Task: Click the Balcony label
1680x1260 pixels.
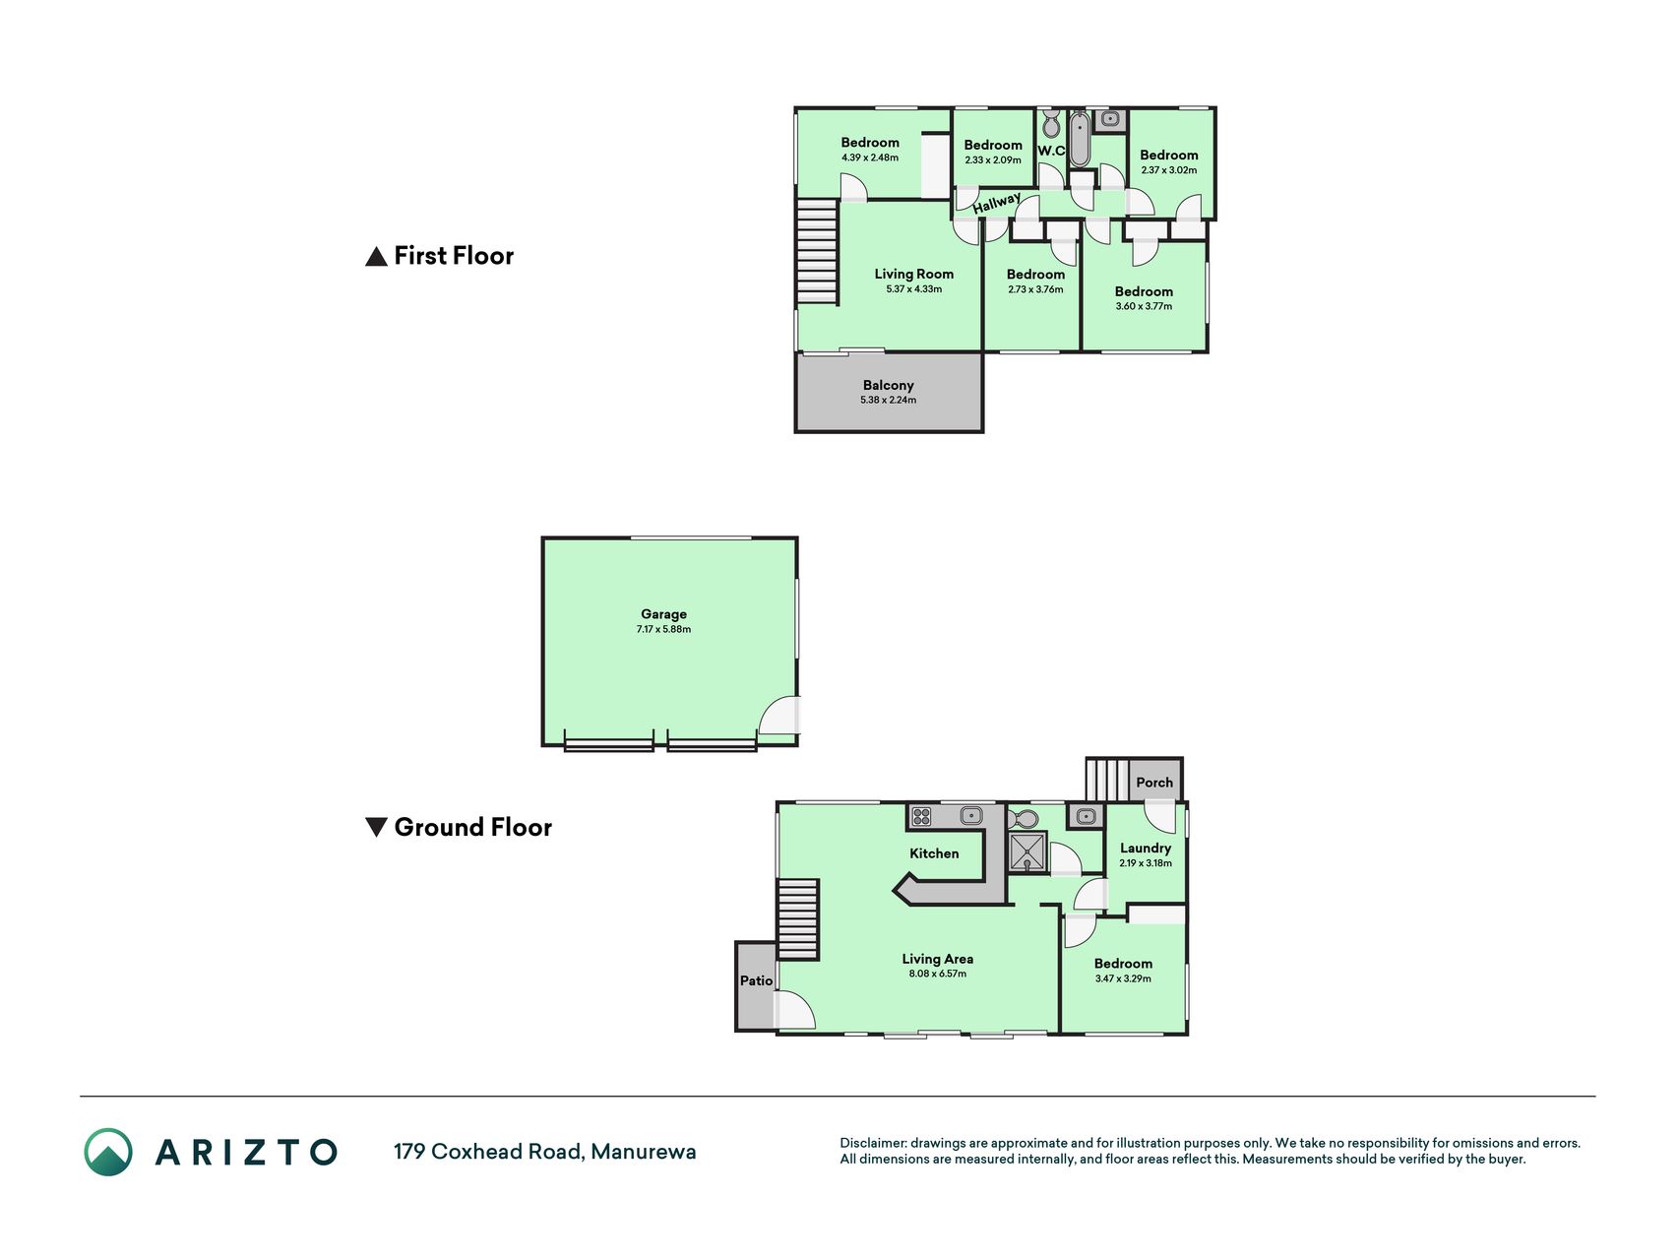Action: [888, 385]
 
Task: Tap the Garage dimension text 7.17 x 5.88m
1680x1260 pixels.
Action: [663, 629]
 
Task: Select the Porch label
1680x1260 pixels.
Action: [1154, 783]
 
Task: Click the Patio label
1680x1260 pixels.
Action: [756, 980]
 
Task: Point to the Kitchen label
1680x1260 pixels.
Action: [934, 853]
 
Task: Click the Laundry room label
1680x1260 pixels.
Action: [1146, 848]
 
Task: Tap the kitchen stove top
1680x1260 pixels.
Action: [921, 816]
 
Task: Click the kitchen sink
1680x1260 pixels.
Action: [971, 815]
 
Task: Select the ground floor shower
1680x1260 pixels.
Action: [1027, 852]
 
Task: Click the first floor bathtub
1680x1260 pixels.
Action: [1080, 139]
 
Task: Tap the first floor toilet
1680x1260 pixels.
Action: [1051, 124]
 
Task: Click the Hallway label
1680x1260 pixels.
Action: [996, 203]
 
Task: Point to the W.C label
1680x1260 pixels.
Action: [1051, 151]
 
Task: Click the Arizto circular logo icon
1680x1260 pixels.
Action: [108, 1152]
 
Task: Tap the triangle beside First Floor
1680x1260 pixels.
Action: [376, 257]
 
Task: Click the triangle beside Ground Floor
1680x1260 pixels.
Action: [376, 827]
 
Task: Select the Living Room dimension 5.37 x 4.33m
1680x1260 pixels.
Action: [913, 289]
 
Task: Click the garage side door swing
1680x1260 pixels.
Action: [778, 717]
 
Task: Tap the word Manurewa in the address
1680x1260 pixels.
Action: [644, 1152]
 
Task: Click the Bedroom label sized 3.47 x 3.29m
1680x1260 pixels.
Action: [1123, 964]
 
